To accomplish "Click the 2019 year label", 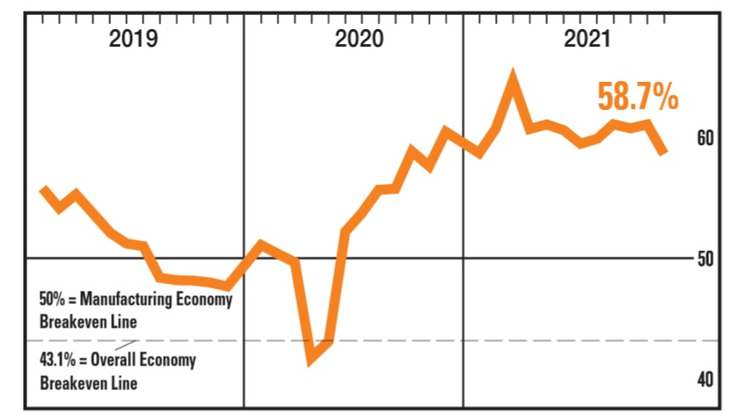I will point(133,39).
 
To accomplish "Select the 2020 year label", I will point(359,39).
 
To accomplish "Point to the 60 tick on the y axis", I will point(704,138).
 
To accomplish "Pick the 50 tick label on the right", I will point(704,259).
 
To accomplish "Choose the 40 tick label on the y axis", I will point(704,379).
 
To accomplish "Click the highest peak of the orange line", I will point(513,77).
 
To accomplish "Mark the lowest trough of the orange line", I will point(310,360).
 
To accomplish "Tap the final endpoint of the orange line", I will point(664,152).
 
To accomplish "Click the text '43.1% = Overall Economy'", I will point(117,361).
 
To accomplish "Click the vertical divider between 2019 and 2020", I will point(243,176).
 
